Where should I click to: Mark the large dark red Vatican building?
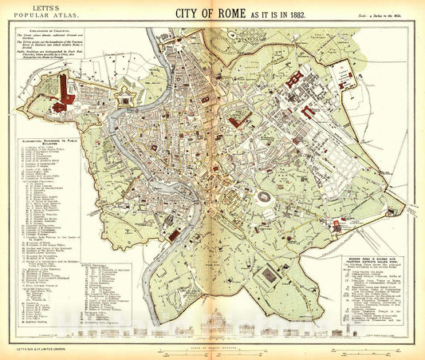pyautogui.click(x=63, y=97)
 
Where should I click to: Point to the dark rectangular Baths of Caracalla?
pyautogui.click(x=270, y=275)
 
